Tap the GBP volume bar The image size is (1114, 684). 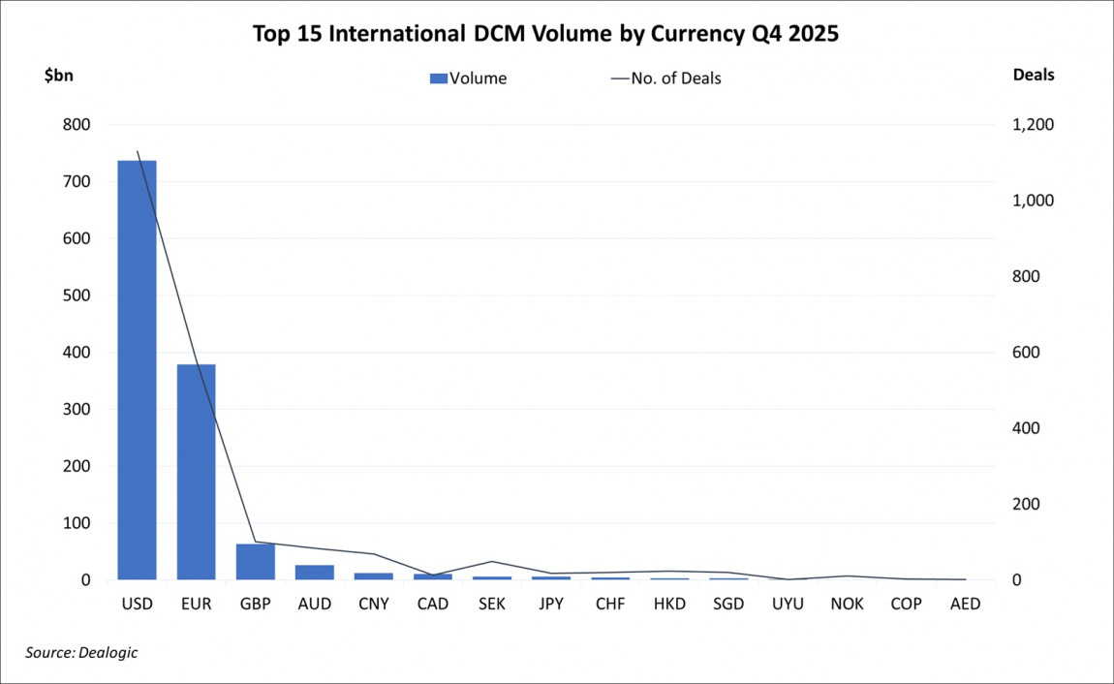tap(256, 562)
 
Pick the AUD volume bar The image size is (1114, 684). tap(315, 573)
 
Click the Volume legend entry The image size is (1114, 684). tap(468, 78)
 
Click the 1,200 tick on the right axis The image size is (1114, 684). tap(1032, 125)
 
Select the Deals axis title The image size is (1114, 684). tap(1033, 75)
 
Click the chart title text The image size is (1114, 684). tap(545, 34)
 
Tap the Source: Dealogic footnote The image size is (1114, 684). tap(81, 653)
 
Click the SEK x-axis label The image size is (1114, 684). tap(492, 604)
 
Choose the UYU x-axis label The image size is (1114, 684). tap(788, 604)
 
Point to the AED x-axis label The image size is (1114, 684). tap(965, 604)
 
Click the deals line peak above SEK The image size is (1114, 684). tap(492, 561)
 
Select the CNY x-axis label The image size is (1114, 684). tap(374, 604)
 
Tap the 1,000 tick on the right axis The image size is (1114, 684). tap(1032, 201)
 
